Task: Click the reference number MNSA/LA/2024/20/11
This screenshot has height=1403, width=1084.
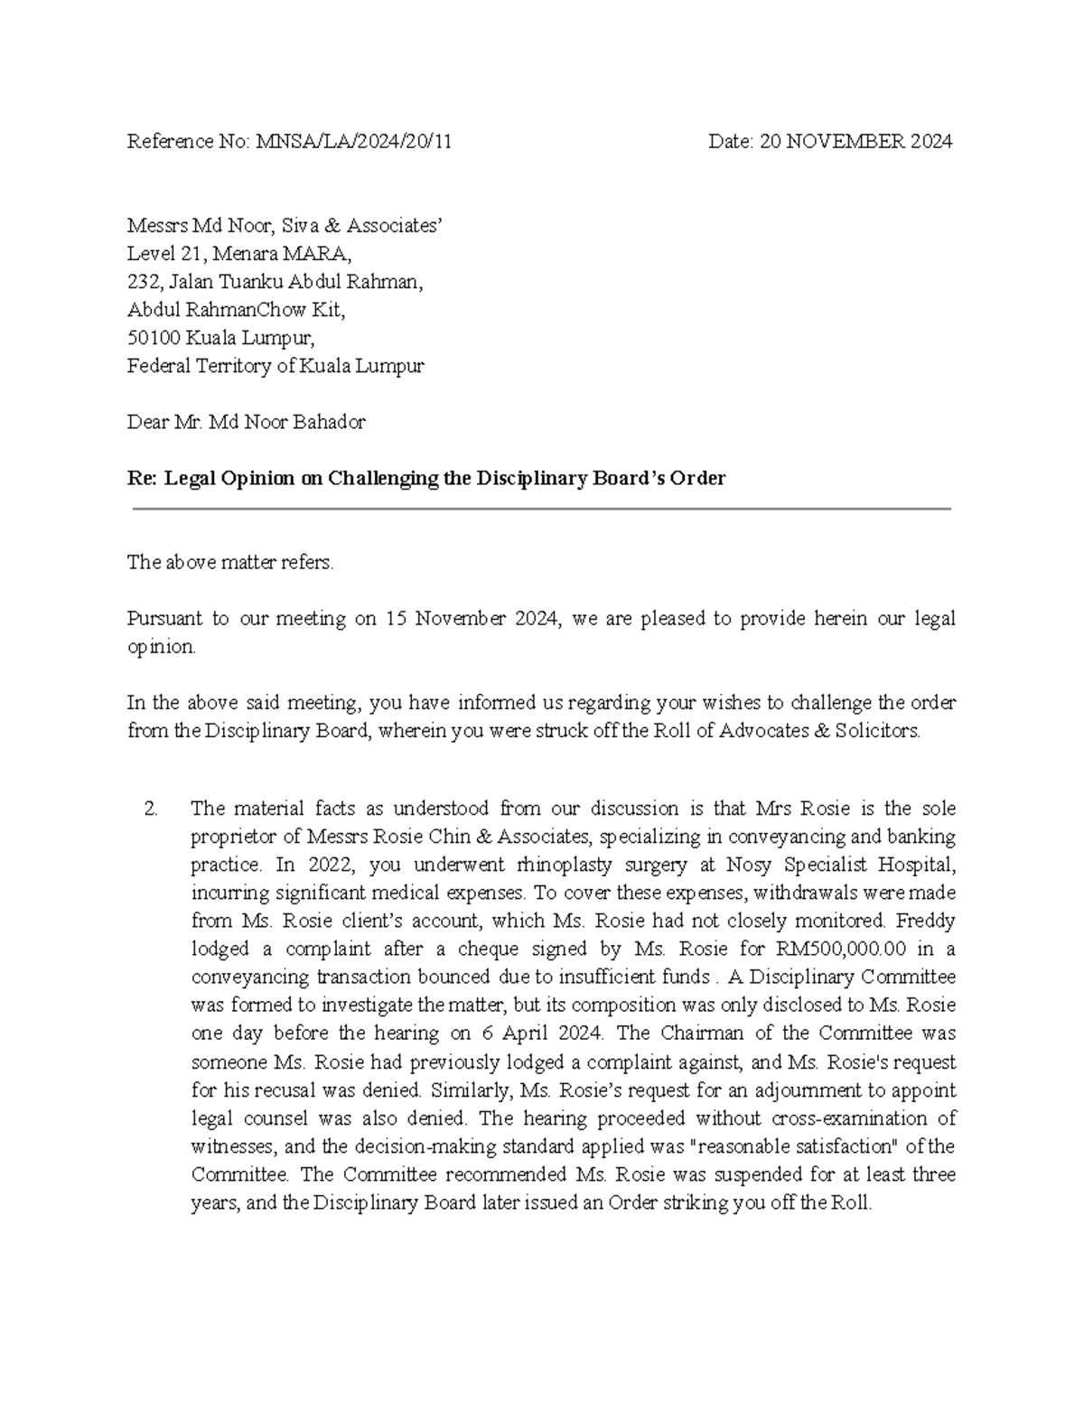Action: coord(354,142)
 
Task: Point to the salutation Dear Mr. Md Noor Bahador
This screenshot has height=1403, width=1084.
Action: coord(246,422)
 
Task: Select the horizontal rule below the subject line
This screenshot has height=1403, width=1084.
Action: coord(542,510)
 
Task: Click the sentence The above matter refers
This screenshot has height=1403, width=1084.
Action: coord(230,563)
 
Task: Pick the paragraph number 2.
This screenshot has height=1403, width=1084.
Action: coord(151,809)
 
